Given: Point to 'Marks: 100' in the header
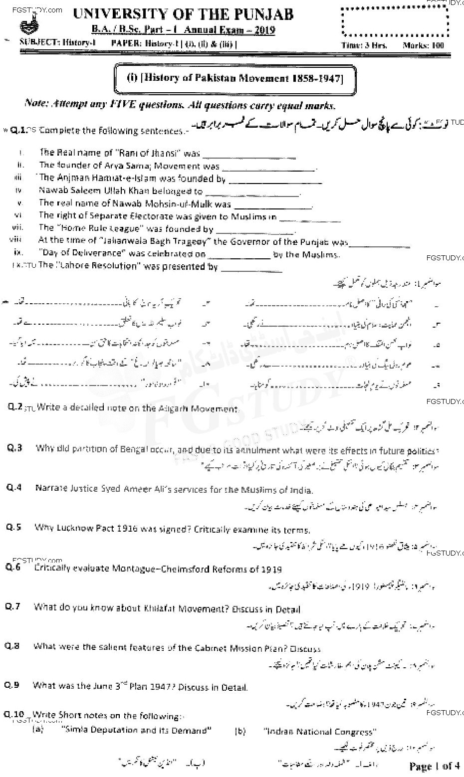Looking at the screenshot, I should [423, 45].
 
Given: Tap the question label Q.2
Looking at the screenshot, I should [15, 407].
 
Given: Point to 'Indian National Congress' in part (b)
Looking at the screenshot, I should [320, 732].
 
